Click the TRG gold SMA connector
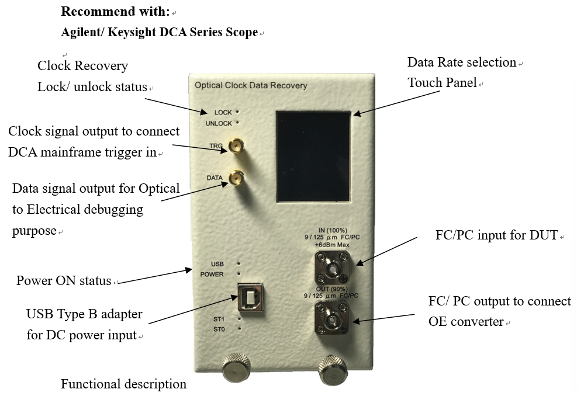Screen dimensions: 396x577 [x=236, y=145]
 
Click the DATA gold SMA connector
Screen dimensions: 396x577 [x=236, y=178]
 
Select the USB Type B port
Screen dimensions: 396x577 [x=250, y=297]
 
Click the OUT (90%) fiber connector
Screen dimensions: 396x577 [x=334, y=320]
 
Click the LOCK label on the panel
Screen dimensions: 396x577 [x=223, y=112]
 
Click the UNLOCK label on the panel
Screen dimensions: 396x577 [x=219, y=123]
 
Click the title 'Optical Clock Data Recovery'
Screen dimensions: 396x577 [x=251, y=86]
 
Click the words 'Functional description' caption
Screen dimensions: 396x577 [x=123, y=384]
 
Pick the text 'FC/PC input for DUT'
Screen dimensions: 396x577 [x=496, y=236]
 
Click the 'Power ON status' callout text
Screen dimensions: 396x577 [x=64, y=280]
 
